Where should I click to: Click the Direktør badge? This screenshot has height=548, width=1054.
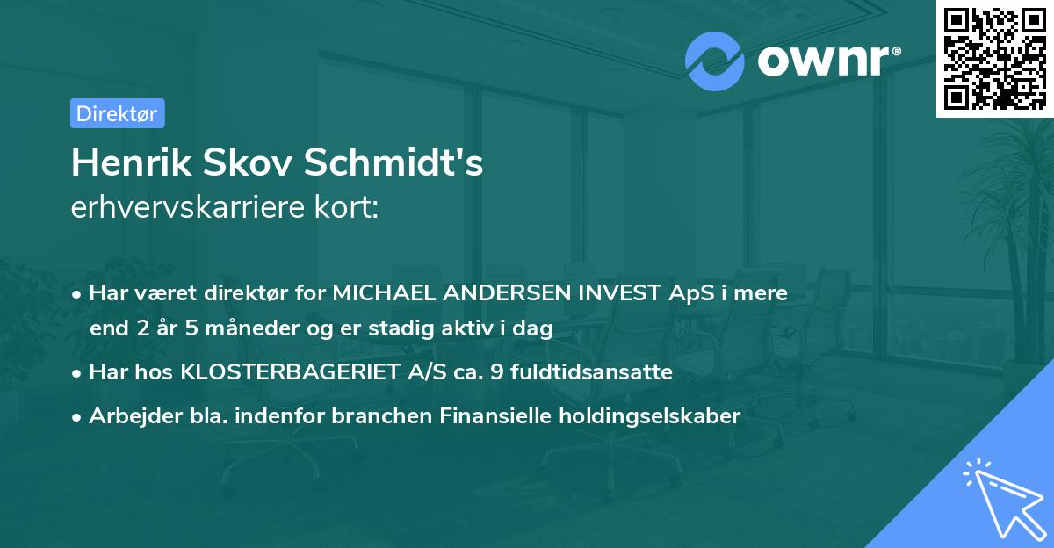click(117, 113)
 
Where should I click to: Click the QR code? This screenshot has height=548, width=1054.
click(994, 58)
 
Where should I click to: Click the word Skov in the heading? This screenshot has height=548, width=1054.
click(252, 163)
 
